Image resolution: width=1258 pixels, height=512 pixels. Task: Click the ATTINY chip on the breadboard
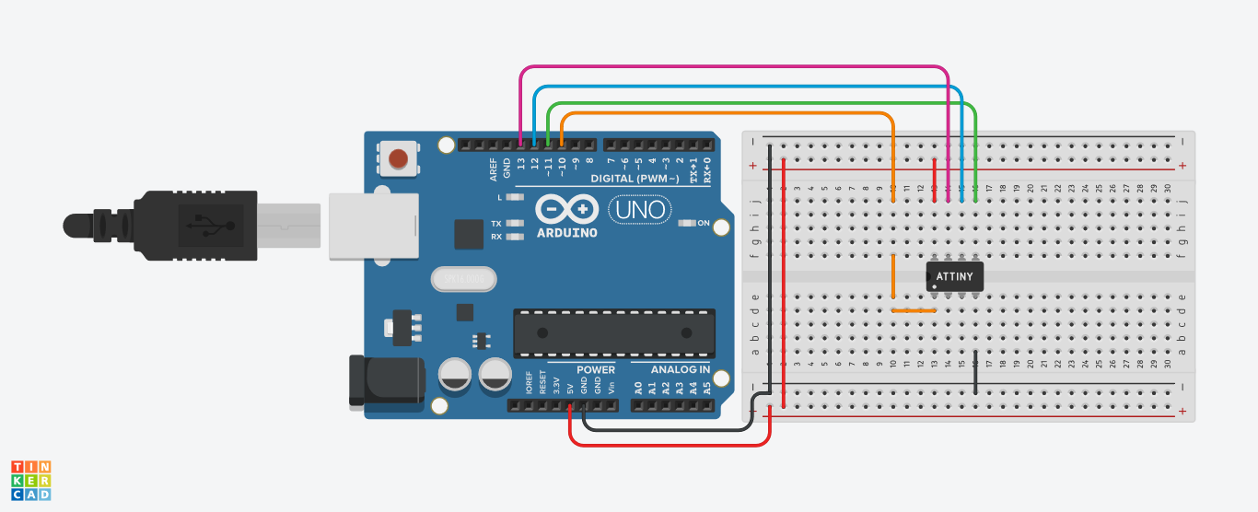click(955, 275)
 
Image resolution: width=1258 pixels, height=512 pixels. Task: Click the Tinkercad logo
click(30, 481)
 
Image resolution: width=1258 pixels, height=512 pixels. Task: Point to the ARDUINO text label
click(565, 232)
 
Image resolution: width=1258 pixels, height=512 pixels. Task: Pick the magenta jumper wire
click(737, 67)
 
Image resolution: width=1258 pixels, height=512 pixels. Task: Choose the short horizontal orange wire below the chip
click(914, 310)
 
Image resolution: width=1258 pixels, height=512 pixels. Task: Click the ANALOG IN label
click(681, 370)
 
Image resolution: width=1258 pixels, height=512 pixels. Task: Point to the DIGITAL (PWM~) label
click(635, 178)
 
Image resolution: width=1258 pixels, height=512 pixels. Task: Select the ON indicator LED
click(686, 223)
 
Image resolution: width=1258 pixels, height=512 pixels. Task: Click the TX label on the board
click(496, 224)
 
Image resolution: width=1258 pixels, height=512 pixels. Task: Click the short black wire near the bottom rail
click(975, 372)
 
